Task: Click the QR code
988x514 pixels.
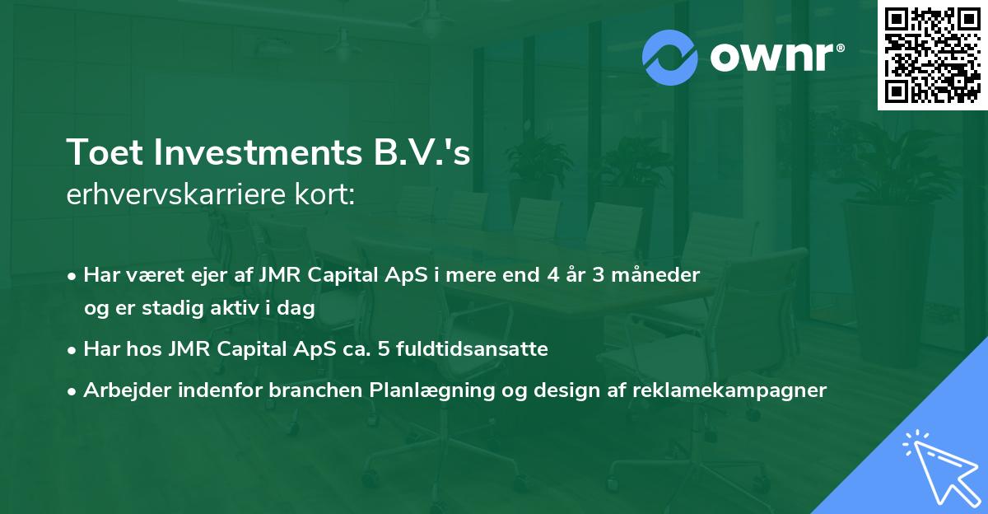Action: coord(931,54)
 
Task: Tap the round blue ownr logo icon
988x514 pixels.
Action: coord(670,58)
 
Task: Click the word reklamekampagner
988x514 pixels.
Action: coord(729,390)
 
